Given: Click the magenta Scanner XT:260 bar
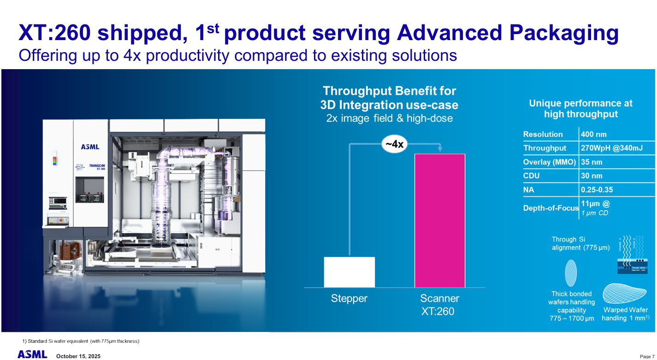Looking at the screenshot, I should [440, 220].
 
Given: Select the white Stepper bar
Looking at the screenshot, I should [349, 272].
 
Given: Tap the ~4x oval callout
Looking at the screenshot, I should [394, 144].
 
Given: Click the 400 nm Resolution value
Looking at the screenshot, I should [594, 135].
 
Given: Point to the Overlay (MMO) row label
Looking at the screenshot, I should [550, 162].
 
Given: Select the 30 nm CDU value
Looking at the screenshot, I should [592, 176].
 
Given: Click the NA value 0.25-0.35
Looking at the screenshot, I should [597, 190].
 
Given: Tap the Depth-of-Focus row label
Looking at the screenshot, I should [550, 208].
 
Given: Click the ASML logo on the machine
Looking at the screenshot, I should [90, 147].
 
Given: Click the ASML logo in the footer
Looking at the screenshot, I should [32, 354].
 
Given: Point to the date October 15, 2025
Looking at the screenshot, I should [78, 356].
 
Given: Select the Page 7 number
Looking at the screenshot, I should [647, 356].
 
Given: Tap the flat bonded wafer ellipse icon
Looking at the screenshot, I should [571, 273].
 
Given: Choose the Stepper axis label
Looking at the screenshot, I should [349, 299].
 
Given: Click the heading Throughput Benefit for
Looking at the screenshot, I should [389, 91].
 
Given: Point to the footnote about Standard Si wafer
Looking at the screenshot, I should [81, 341].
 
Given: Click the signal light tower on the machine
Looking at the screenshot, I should [56, 156].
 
